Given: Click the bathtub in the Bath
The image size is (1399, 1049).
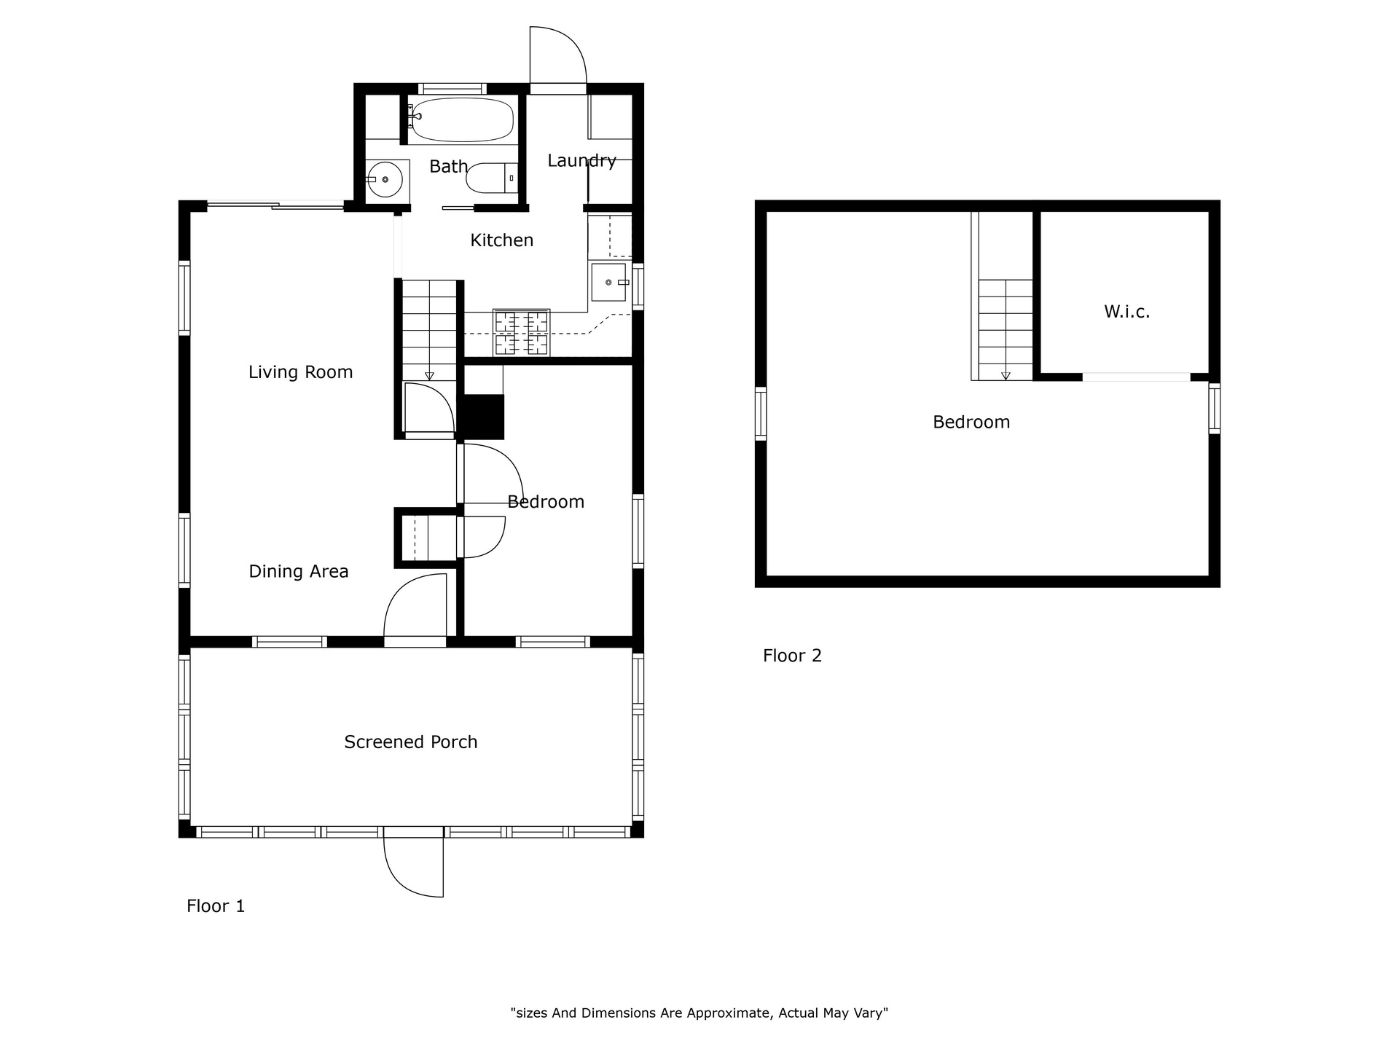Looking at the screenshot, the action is tap(461, 119).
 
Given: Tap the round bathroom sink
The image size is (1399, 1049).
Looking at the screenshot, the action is tap(385, 178).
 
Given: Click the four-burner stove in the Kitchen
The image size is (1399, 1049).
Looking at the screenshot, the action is tap(521, 333).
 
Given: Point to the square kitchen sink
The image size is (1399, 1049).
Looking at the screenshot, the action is tap(608, 282).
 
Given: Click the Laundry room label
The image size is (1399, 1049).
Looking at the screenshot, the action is tap(581, 160).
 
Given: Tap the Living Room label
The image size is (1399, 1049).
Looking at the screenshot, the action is tap(300, 372).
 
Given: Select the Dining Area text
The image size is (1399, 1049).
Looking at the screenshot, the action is tap(299, 571).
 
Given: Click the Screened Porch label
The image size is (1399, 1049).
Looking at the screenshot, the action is tap(411, 742).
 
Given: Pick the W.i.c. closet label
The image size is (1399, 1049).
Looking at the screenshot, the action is tap(1126, 312).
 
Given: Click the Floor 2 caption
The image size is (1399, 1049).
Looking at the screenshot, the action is tap(792, 656).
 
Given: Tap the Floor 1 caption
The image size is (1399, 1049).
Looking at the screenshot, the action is tap(216, 906).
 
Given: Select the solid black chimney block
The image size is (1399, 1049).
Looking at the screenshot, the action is tap(484, 417).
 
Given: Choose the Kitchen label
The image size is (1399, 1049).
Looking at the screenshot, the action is tap(501, 240).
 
